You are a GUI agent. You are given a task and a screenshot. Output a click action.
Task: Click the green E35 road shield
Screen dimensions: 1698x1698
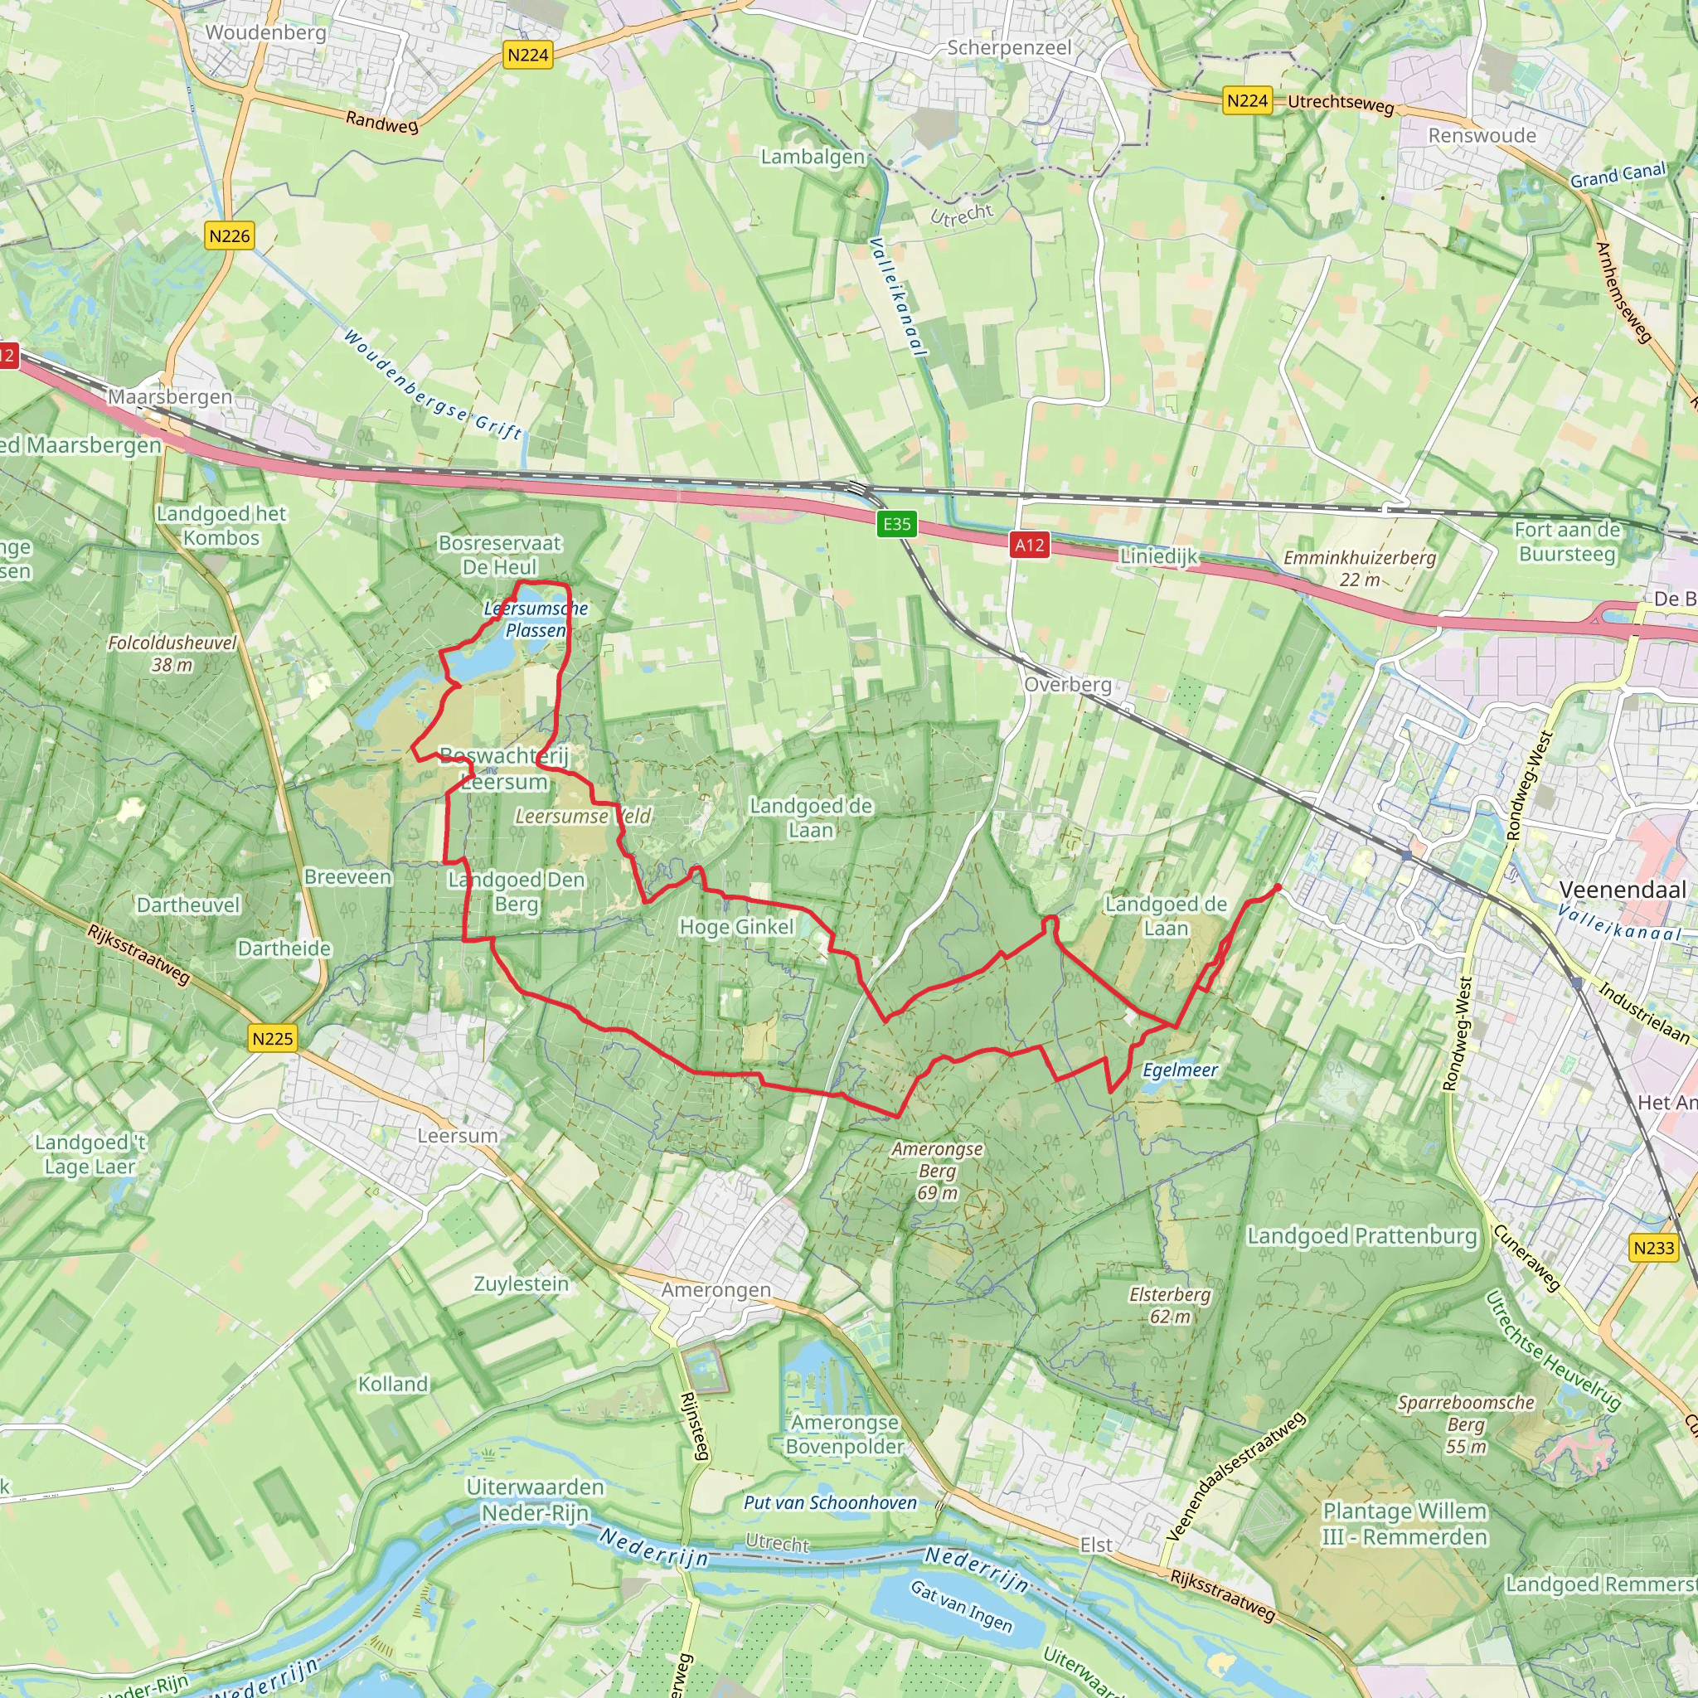click(896, 524)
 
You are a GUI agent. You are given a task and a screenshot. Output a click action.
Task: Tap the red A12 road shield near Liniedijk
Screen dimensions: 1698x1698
click(1029, 545)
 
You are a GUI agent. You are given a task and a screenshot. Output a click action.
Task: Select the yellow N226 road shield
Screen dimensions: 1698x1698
click(230, 235)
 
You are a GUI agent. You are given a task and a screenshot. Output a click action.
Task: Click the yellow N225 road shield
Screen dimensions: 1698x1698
click(273, 1038)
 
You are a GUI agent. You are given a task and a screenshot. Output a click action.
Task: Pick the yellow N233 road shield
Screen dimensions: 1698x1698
click(1653, 1247)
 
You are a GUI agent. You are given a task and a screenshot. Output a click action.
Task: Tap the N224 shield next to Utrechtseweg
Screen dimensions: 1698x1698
click(1247, 100)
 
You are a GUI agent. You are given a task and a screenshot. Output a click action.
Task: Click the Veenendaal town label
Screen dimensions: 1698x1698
click(1623, 890)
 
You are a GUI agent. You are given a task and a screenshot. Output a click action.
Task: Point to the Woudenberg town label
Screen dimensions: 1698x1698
click(265, 32)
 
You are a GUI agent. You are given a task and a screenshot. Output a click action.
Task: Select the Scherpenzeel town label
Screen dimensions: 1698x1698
click(1009, 47)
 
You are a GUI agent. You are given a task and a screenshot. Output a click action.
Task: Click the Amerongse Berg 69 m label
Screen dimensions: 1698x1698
click(937, 1170)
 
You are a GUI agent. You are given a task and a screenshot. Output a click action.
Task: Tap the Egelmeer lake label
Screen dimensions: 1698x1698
click(1180, 1070)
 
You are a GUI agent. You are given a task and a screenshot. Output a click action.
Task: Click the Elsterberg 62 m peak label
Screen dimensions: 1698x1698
click(1170, 1305)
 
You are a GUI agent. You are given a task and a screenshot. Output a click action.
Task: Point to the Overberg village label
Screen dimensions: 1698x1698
click(1068, 684)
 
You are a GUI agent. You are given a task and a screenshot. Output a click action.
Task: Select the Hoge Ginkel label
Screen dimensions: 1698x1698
click(736, 926)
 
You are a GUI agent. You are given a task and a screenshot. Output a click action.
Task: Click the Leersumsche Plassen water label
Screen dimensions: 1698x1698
click(536, 619)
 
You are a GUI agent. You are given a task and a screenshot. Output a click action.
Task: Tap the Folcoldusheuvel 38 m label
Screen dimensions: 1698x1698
click(172, 653)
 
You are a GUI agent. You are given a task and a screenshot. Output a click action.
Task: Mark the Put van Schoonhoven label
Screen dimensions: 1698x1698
click(830, 1502)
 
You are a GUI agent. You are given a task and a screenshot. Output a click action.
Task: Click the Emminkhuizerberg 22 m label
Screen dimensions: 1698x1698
click(1360, 568)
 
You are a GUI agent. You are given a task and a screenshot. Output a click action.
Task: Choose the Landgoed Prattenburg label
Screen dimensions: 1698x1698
click(1361, 1235)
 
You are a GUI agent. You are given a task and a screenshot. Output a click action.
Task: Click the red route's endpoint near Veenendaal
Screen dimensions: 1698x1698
click(1277, 887)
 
